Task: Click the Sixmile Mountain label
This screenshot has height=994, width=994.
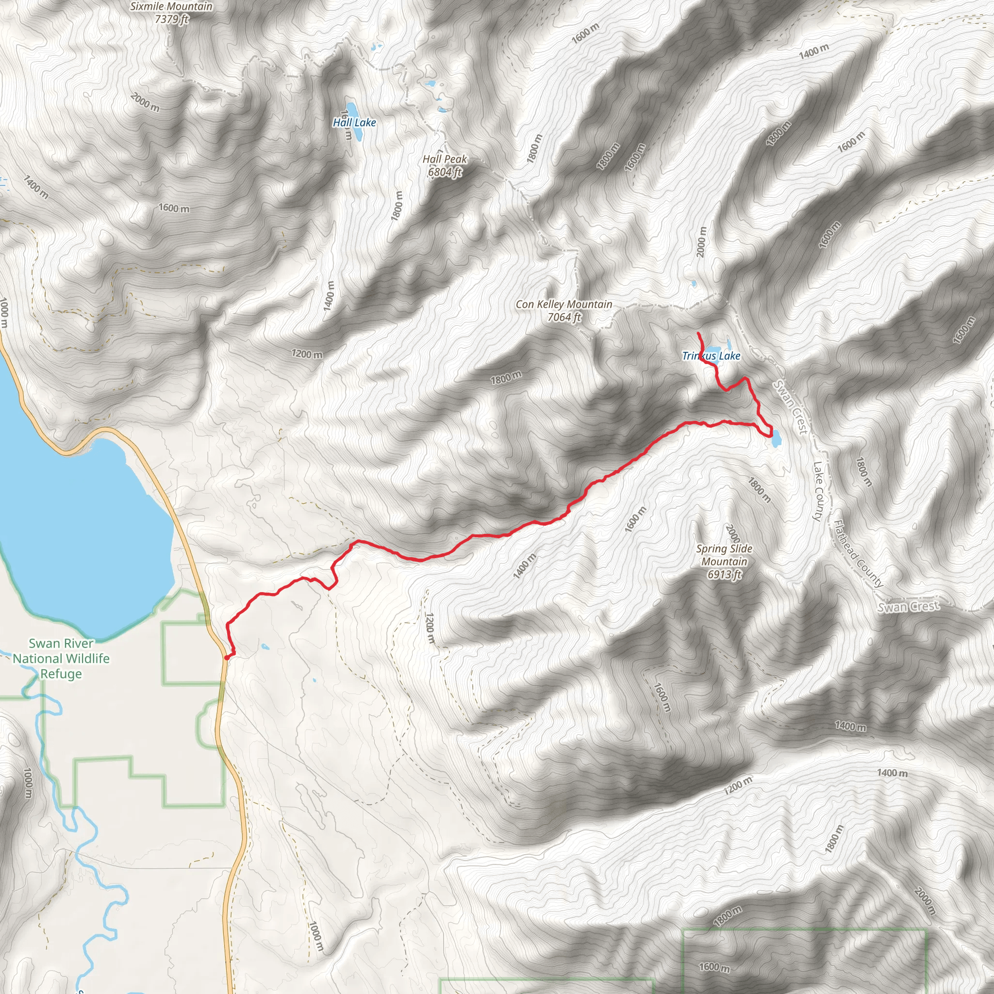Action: (x=171, y=6)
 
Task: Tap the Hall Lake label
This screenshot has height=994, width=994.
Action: (x=354, y=122)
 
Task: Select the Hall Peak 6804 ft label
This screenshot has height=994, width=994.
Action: (x=445, y=166)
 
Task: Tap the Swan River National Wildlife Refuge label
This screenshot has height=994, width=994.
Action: (x=61, y=659)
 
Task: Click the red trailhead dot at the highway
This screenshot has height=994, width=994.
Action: (x=227, y=657)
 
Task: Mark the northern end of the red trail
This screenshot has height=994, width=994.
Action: (x=698, y=334)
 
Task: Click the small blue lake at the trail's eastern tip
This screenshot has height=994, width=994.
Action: (x=777, y=438)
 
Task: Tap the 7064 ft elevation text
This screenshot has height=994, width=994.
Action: (x=564, y=317)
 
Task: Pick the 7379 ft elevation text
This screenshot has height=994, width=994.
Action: (x=171, y=19)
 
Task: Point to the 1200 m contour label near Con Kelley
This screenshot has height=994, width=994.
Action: (x=307, y=354)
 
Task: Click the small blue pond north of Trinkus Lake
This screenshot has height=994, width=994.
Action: (x=694, y=283)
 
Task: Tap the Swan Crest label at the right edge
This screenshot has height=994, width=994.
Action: (x=908, y=607)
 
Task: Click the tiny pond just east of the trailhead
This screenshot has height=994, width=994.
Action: (x=265, y=646)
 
